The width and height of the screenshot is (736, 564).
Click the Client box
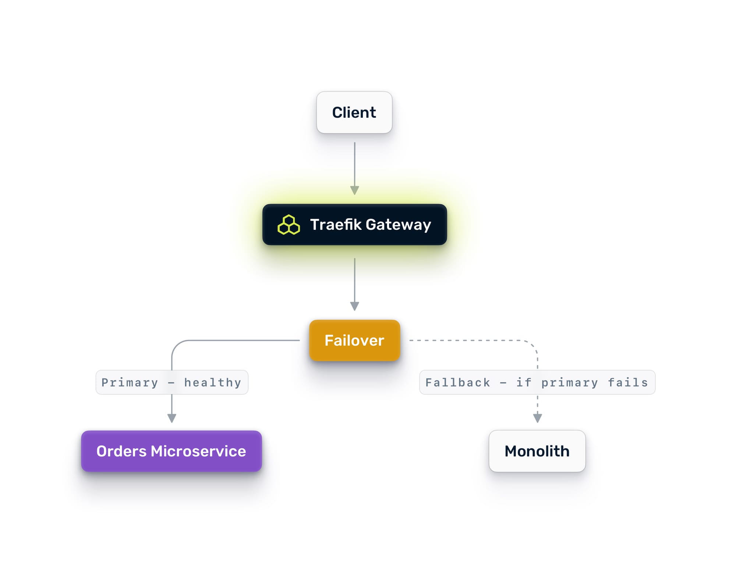tap(354, 113)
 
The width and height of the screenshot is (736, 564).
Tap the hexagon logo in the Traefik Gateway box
tap(289, 225)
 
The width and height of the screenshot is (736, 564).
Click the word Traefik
tap(336, 225)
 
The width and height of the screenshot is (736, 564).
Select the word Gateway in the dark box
tap(398, 225)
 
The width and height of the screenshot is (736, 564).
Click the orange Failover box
tap(354, 340)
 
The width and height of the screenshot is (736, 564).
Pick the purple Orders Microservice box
tap(171, 451)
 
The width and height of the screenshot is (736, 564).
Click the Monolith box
tap(537, 451)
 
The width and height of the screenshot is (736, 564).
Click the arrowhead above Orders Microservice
tap(172, 418)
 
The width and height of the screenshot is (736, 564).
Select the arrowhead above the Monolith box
tap(537, 418)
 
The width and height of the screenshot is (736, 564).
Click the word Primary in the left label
tap(130, 383)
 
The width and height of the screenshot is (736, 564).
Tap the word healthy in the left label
tap(213, 383)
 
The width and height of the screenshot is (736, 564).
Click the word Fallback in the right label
tap(458, 383)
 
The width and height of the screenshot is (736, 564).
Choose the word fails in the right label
tap(628, 383)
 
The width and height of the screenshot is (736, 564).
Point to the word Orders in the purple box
tap(121, 451)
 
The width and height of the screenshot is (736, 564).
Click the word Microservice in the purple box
tap(198, 451)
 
